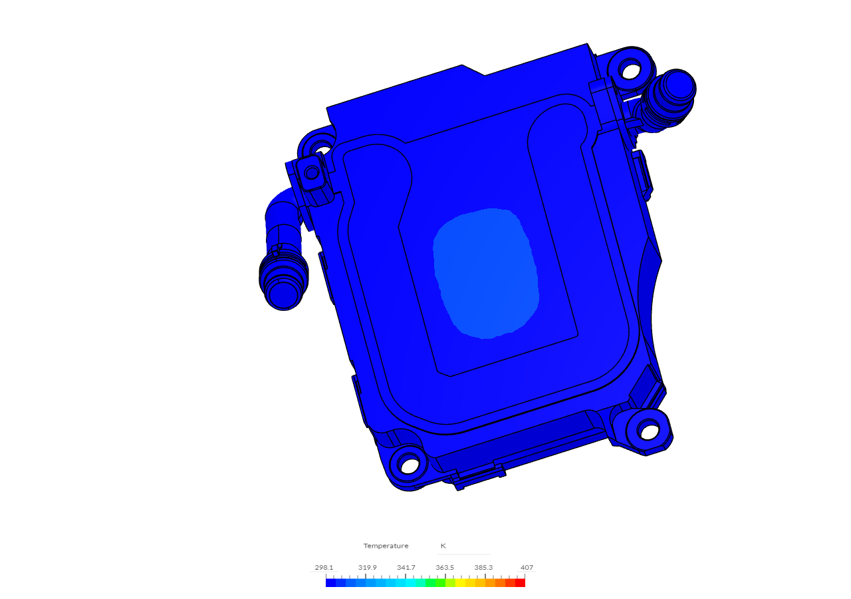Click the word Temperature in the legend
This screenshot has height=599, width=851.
coord(386,546)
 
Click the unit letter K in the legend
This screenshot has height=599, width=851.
coord(443,546)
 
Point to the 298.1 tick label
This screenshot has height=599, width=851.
coord(324,568)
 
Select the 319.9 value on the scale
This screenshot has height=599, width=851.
coord(368,568)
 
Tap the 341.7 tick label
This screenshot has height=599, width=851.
coord(406,568)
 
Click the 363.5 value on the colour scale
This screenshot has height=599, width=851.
coord(445,568)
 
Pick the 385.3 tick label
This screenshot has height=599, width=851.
coord(483,568)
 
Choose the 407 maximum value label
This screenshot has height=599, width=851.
coord(527,568)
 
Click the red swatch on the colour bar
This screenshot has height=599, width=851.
coord(520,583)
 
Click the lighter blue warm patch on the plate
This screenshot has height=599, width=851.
coord(485,273)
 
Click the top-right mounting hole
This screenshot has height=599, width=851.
coord(630,68)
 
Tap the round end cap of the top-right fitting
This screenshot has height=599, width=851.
coord(677,85)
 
